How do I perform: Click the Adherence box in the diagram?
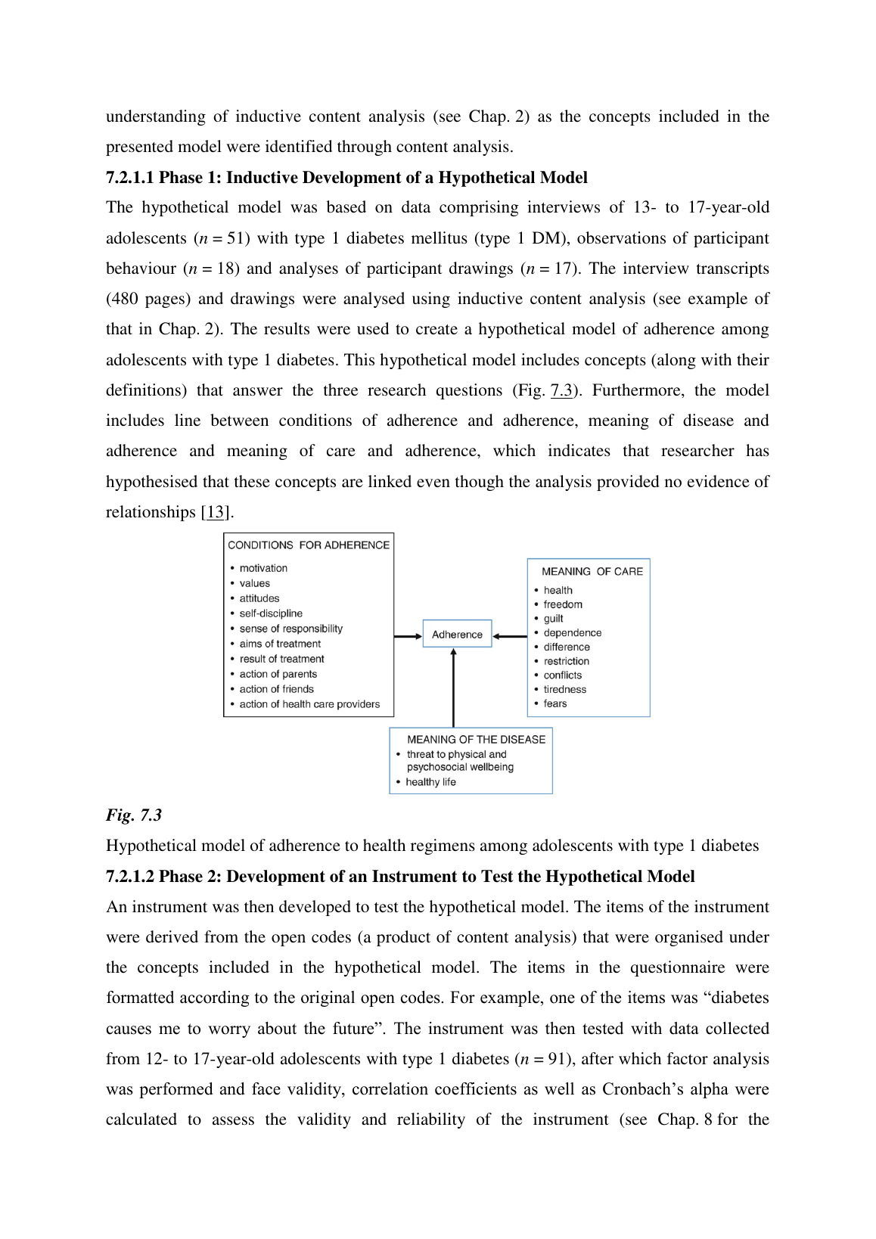coord(457,635)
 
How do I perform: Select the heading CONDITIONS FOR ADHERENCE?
coord(309,545)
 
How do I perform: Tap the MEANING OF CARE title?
coord(592,571)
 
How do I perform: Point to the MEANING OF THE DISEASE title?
coord(476,739)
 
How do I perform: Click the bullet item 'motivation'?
coord(263,568)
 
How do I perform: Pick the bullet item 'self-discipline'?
coord(271,613)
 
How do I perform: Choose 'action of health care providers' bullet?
coord(309,704)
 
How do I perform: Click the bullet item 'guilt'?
coord(553,618)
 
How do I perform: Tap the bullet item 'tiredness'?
coord(564,689)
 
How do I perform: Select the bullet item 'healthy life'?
coord(430,782)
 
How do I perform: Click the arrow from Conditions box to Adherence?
coord(408,636)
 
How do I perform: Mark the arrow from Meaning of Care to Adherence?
coord(510,636)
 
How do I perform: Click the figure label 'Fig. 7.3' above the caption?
coord(134,815)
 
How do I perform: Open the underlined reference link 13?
coord(216,512)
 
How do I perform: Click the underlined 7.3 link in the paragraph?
coord(561,390)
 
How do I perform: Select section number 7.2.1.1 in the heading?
coord(129,178)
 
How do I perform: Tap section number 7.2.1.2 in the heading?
coord(129,877)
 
